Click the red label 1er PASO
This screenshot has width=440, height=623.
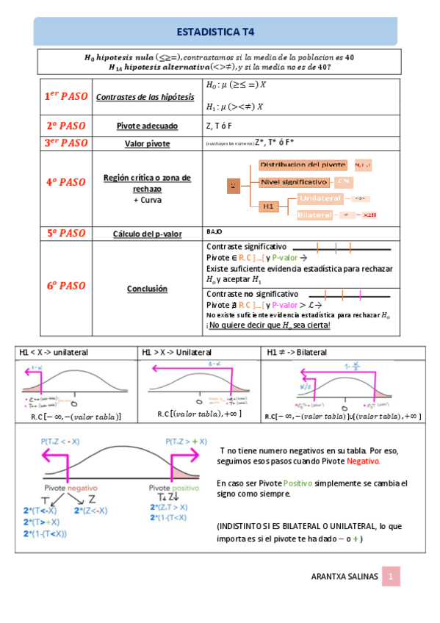point(65,96)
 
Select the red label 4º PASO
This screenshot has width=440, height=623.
point(65,181)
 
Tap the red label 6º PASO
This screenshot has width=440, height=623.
point(65,286)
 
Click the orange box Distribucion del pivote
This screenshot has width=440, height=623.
point(303,165)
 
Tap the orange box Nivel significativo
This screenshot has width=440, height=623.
point(294,181)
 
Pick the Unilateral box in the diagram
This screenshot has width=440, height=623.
point(321,199)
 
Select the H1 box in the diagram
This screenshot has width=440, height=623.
point(269,207)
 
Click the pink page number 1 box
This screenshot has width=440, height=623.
point(392,577)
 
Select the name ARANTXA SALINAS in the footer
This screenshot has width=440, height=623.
point(345,577)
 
